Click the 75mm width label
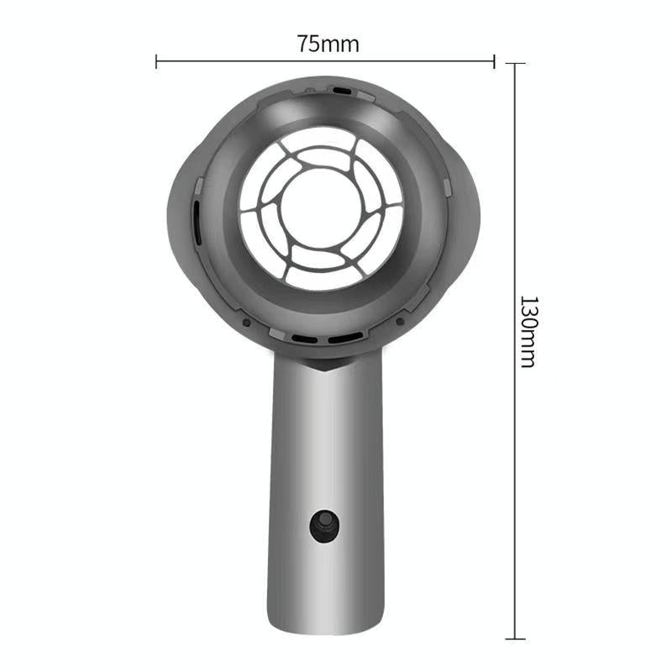click(x=328, y=45)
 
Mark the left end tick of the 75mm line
click(x=157, y=60)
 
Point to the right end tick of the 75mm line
click(x=494, y=60)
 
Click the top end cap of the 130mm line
click(x=515, y=64)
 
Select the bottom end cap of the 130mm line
click(x=515, y=638)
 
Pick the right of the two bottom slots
click(x=344, y=339)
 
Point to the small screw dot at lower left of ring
click(x=245, y=321)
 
